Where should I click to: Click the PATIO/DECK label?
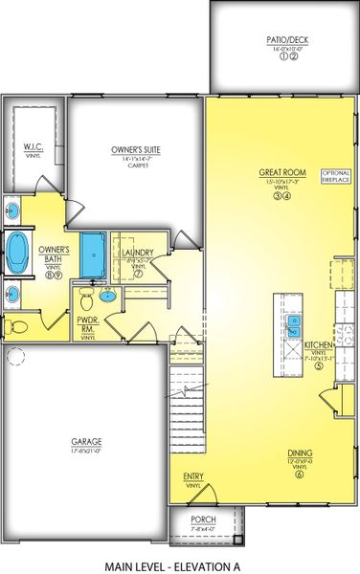282,40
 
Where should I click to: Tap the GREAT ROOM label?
281,173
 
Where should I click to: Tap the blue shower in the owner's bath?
94,254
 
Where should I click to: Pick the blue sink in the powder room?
107,295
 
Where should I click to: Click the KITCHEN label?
318,344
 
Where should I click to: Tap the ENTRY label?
192,475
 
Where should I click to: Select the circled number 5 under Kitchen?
318,365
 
